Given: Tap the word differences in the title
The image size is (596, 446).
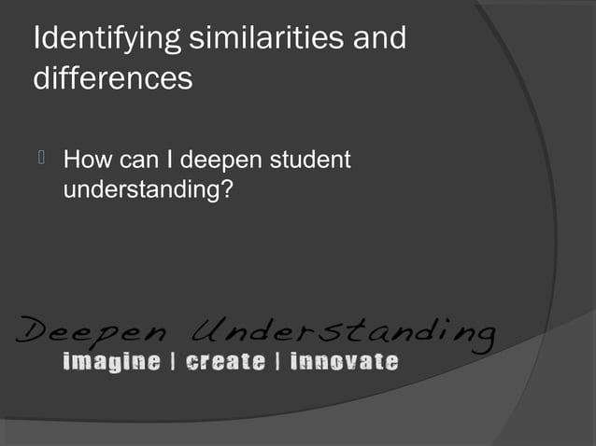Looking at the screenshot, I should coord(113,79).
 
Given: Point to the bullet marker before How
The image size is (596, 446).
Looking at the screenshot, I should coord(40,160).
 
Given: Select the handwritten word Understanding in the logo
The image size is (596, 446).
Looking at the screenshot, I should coord(344,329).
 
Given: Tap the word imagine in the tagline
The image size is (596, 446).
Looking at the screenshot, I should coord(110,361).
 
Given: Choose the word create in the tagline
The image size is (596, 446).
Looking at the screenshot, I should coord(224,361).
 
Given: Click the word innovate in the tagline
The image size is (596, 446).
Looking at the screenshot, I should coord(344,361).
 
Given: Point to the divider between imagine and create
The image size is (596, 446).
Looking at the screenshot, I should coord(173,361).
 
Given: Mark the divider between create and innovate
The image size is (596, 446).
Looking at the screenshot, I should coord(277,361).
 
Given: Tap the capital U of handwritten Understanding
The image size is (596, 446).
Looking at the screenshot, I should coord(208,327).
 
